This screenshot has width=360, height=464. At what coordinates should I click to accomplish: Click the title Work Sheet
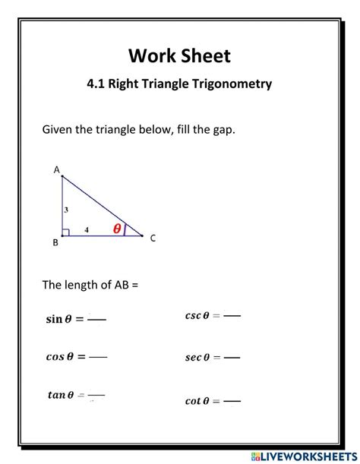tap(179, 55)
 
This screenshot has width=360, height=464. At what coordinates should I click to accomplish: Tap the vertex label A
tap(56, 170)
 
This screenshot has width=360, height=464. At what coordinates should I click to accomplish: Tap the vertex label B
tap(55, 243)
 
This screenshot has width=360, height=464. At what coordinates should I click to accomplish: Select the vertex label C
tap(153, 238)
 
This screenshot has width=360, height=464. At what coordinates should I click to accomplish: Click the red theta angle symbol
tap(117, 228)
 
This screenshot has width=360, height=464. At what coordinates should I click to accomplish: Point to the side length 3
tap(66, 209)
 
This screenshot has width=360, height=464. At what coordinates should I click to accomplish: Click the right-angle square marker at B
tap(66, 232)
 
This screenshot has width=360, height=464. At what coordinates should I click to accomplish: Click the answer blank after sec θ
tap(232, 357)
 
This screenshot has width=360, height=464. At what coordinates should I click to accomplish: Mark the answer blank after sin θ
tap(96, 320)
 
